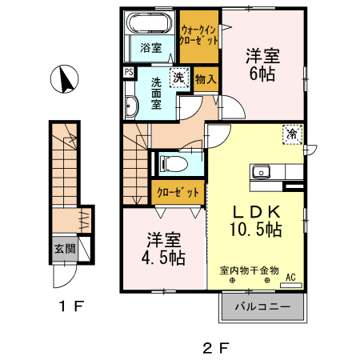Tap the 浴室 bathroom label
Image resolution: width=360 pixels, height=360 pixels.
151,47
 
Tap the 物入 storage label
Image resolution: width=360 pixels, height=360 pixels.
205,79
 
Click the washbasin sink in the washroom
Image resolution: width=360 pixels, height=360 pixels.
132,105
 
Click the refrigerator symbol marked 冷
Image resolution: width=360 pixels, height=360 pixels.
293,135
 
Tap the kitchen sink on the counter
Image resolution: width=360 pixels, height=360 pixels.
262,172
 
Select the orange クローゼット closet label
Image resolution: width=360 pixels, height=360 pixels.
175,193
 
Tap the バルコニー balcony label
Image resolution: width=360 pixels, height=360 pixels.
262,306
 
